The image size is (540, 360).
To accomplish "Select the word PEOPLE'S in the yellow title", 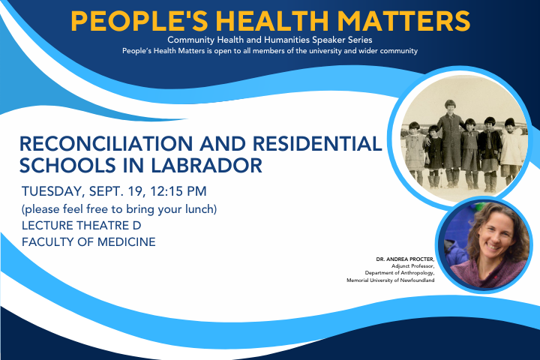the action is point(139,21).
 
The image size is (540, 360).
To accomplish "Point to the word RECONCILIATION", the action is point(106,144).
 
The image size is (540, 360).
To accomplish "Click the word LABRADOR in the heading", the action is point(206,166).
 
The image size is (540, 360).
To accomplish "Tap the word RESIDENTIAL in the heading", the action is point(317,144).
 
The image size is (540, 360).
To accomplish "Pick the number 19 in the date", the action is point(135,191).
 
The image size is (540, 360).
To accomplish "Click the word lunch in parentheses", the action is point(201,209).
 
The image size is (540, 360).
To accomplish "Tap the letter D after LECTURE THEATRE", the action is point(136,226).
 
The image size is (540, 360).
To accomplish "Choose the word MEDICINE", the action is point(127,241).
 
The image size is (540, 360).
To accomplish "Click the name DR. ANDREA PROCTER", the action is point(405,259).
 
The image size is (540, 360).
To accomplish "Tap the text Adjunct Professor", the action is point(413,266).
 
